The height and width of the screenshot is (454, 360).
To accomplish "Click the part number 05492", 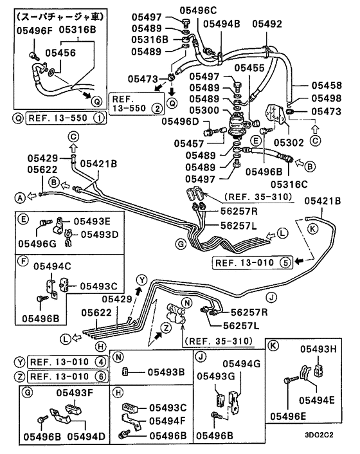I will [267, 24].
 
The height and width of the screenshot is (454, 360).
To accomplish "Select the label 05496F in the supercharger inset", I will [24, 29].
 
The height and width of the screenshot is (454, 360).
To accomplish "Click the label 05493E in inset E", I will [91, 221].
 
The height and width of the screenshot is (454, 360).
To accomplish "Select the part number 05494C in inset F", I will [51, 266].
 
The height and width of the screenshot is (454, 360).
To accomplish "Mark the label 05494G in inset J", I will [239, 363].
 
